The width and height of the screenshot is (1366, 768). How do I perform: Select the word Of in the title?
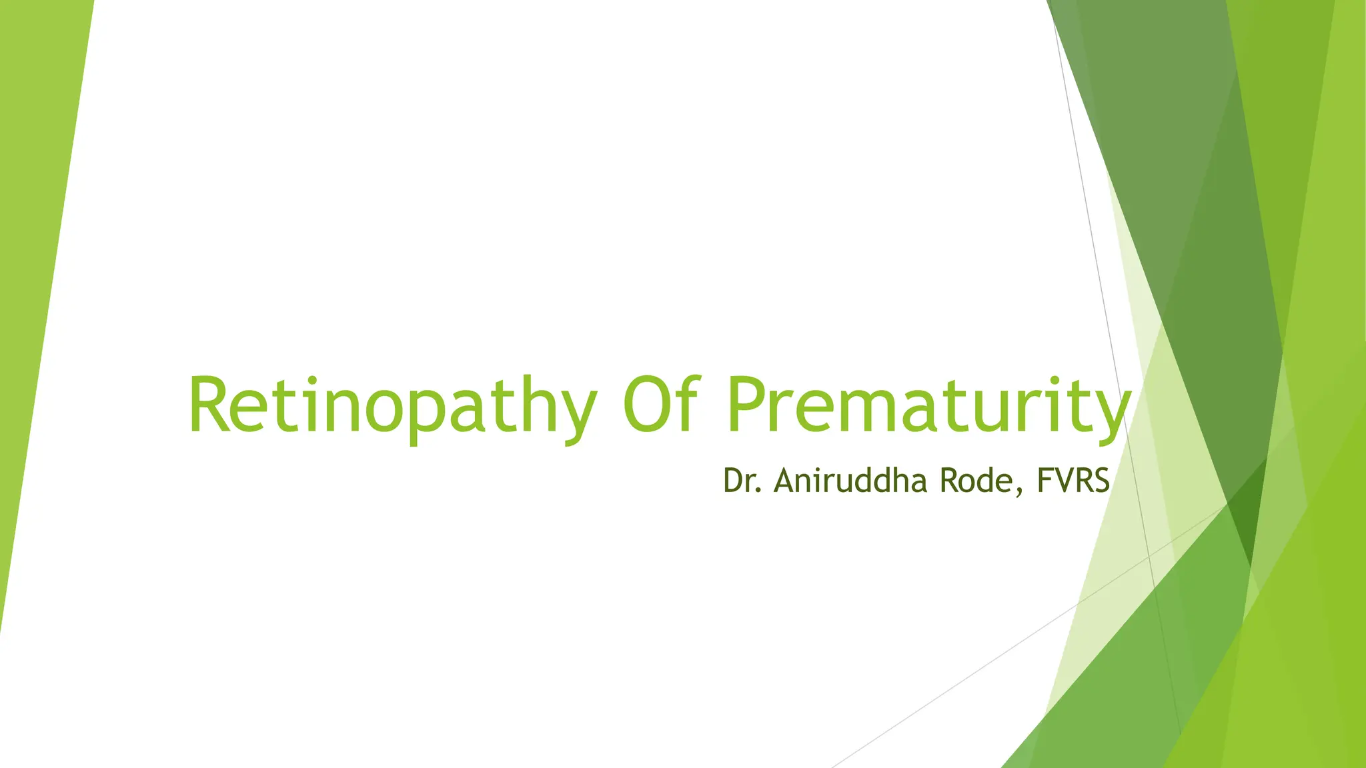pyautogui.click(x=660, y=405)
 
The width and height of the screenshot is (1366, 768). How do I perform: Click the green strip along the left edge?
pyautogui.click(x=33, y=267)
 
